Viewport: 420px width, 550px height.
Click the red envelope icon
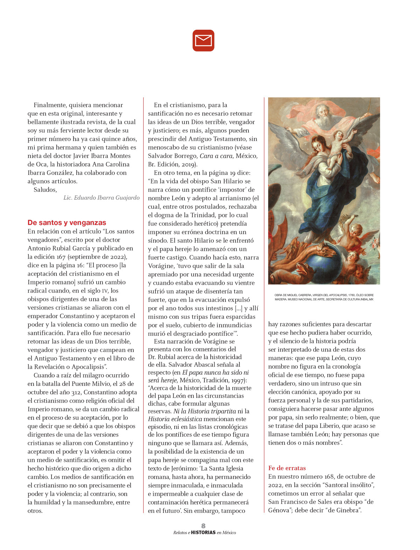pos(203,41)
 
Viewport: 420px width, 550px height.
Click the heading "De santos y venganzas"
pos(66,223)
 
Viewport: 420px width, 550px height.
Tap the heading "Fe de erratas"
pos(287,468)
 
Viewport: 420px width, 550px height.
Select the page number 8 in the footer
pos(203,526)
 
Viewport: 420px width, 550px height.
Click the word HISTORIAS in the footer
pos(203,533)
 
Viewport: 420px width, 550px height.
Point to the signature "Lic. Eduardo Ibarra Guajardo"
pos(101,198)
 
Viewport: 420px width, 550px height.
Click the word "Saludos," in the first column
pos(45,190)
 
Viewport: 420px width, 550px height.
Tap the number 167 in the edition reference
pos(61,257)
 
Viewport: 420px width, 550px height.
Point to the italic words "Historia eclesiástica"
pos(175,419)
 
